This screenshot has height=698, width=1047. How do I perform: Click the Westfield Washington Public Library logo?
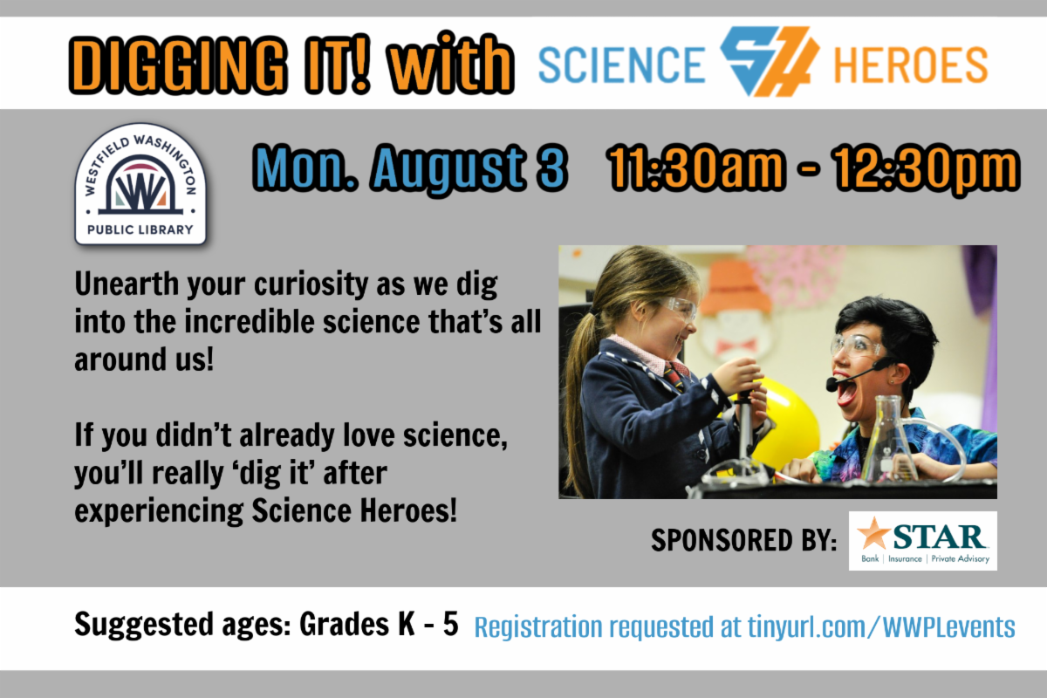(140, 184)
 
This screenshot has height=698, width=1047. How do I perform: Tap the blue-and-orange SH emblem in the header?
(770, 61)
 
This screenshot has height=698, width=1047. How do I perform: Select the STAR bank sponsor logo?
(923, 541)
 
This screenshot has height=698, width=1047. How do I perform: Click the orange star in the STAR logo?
(873, 533)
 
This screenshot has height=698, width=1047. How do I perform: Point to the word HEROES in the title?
(911, 65)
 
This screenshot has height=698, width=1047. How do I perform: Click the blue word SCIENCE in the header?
(621, 65)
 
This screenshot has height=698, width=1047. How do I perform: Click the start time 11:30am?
(695, 168)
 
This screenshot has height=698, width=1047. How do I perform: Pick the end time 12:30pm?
(926, 169)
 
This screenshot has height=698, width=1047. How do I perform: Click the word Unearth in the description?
(127, 284)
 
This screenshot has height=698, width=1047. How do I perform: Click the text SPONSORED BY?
(743, 540)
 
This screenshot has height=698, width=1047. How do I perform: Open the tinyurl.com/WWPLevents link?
(881, 627)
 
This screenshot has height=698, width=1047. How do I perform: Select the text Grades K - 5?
(379, 624)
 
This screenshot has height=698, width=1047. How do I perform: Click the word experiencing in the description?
(159, 511)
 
